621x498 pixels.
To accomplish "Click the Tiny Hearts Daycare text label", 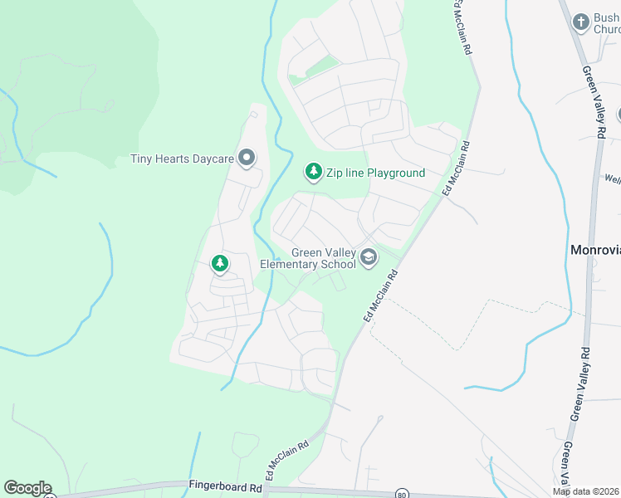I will point(182,159).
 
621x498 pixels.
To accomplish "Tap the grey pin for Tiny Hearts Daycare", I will point(247,157).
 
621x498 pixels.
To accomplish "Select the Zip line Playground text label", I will point(374,173).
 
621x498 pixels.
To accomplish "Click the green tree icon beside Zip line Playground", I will point(313,172).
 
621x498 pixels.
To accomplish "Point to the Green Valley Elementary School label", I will point(307,259).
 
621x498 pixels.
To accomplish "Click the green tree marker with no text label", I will point(219,264).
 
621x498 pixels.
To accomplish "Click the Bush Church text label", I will point(607,23).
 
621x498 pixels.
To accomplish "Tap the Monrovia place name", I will point(595,249).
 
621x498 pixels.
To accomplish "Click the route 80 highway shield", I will point(403,492).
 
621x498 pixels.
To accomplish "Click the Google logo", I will point(27,488).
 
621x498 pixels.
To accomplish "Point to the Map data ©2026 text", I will point(585,491).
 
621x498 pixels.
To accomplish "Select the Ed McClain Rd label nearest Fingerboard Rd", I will point(286,458).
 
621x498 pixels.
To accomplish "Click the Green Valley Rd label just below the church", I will point(593,101).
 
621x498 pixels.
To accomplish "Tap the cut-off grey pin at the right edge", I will point(618,115).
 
